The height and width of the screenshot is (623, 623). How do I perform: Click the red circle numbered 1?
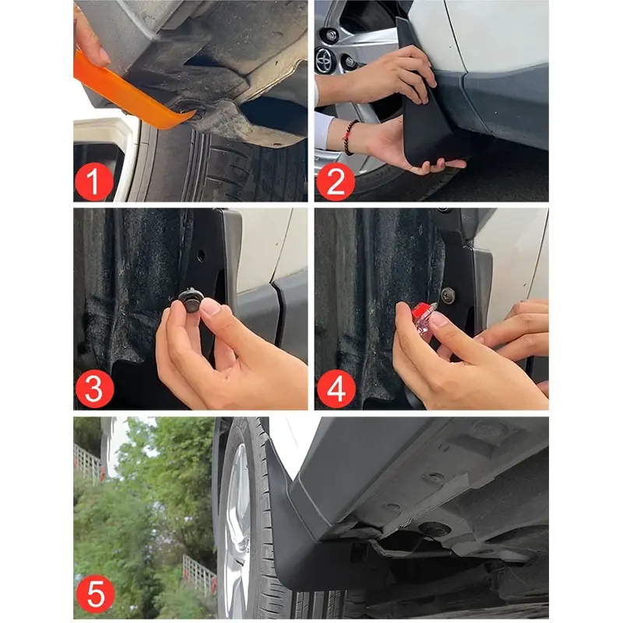click(94, 181)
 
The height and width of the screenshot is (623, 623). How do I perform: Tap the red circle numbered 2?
click(336, 181)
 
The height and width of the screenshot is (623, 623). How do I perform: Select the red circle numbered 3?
click(94, 388)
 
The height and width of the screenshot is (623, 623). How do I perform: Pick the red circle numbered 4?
click(336, 389)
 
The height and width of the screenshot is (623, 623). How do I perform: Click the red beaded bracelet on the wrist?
click(349, 137)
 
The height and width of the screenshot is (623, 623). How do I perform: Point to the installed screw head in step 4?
click(449, 295)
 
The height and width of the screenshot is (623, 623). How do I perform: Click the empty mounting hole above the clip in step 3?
click(200, 256)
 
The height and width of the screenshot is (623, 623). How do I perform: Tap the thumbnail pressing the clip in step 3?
click(210, 307)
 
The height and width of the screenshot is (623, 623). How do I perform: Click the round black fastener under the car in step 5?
click(435, 529)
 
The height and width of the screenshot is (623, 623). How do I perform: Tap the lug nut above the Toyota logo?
click(332, 35)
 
